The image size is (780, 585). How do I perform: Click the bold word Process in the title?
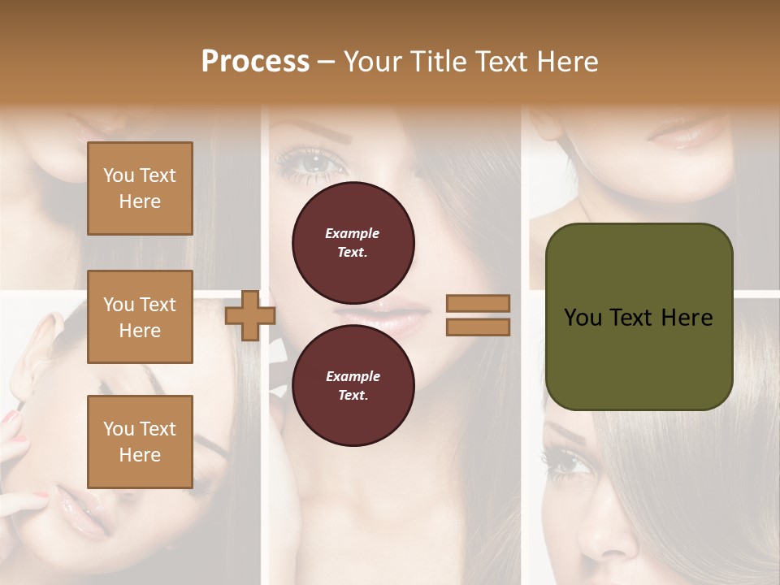click(255, 61)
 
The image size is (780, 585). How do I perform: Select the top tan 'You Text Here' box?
click(140, 188)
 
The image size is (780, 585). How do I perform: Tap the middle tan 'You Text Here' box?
click(140, 317)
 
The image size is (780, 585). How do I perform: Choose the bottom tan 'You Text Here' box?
click(140, 441)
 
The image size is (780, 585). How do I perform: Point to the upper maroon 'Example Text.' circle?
click(353, 243)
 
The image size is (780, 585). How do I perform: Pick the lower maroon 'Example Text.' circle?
click(353, 386)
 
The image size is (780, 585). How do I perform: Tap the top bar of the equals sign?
click(478, 303)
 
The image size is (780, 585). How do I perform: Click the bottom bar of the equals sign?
click(478, 327)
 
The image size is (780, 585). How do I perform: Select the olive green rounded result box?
click(639, 317)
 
